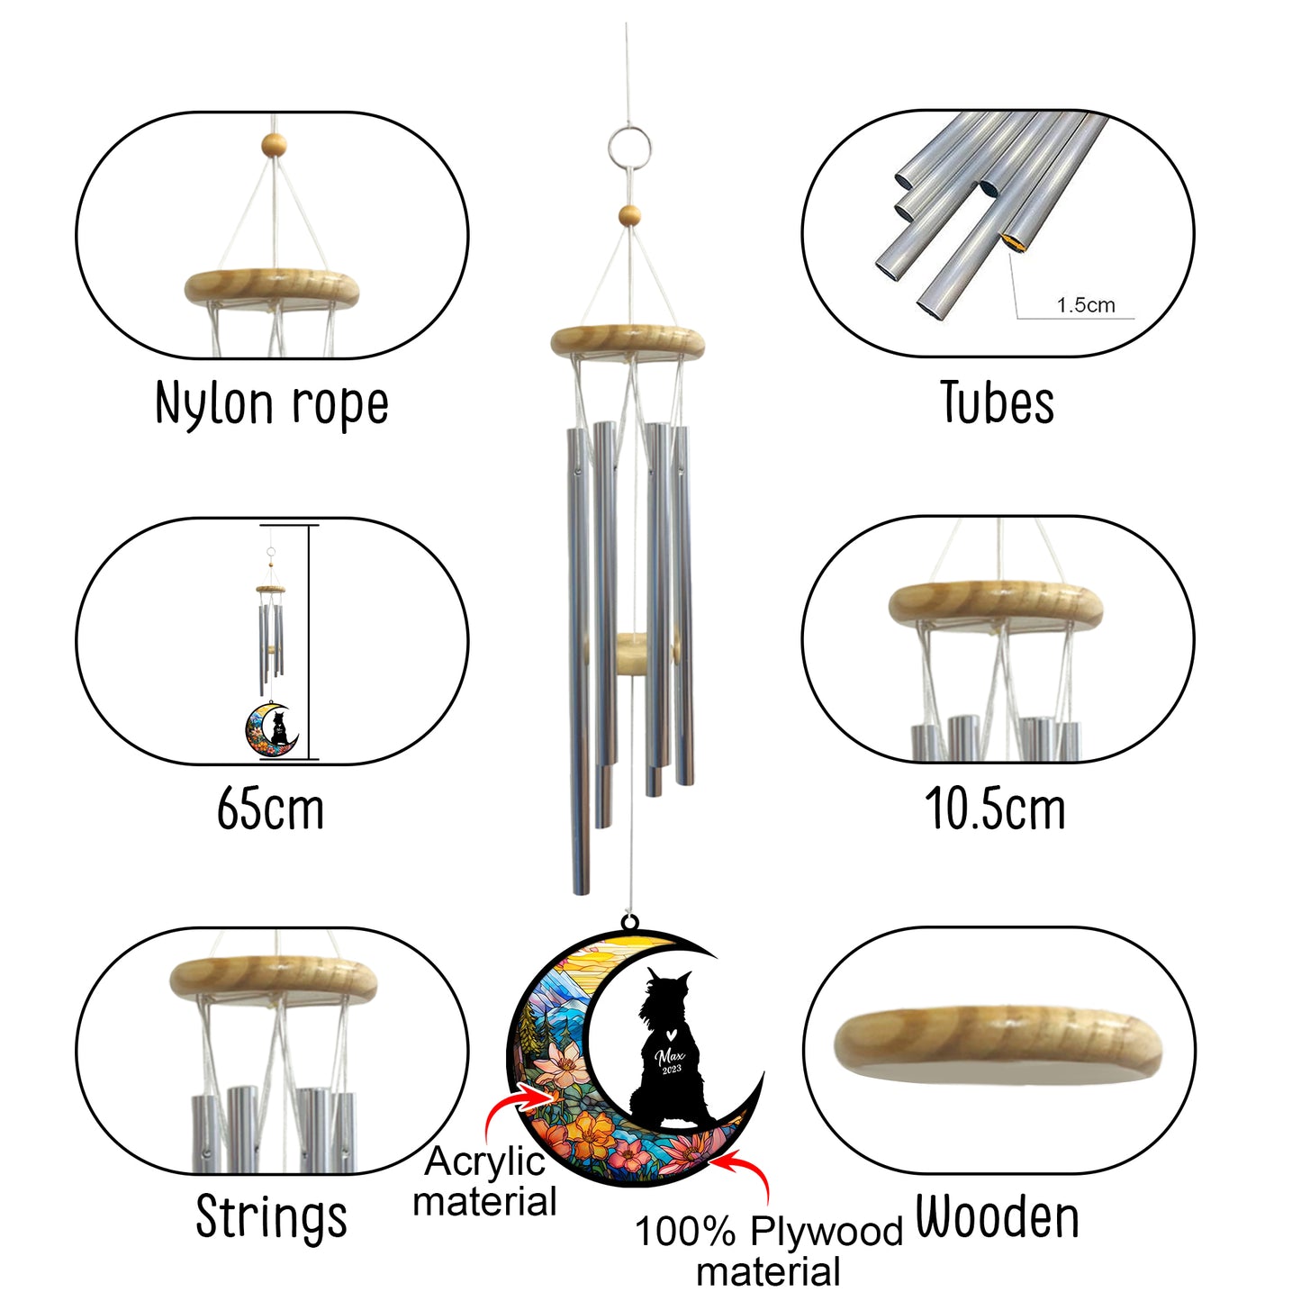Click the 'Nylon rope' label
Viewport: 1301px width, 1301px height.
tap(272, 403)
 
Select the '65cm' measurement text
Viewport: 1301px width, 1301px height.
tap(270, 809)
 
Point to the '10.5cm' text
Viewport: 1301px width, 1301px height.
tap(995, 809)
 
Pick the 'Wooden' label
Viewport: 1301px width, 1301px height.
tap(997, 1218)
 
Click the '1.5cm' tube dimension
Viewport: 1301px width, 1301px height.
tap(1085, 305)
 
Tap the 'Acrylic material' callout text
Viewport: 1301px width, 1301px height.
tap(484, 1181)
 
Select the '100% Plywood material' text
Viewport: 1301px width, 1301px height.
tap(768, 1251)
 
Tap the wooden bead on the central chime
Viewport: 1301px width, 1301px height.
tap(629, 215)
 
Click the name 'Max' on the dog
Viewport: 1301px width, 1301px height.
tap(670, 1055)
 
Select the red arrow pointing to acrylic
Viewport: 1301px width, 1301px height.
tap(517, 1103)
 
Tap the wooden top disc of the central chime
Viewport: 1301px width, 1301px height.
tap(628, 341)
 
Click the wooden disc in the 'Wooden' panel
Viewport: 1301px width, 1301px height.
tap(997, 1042)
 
